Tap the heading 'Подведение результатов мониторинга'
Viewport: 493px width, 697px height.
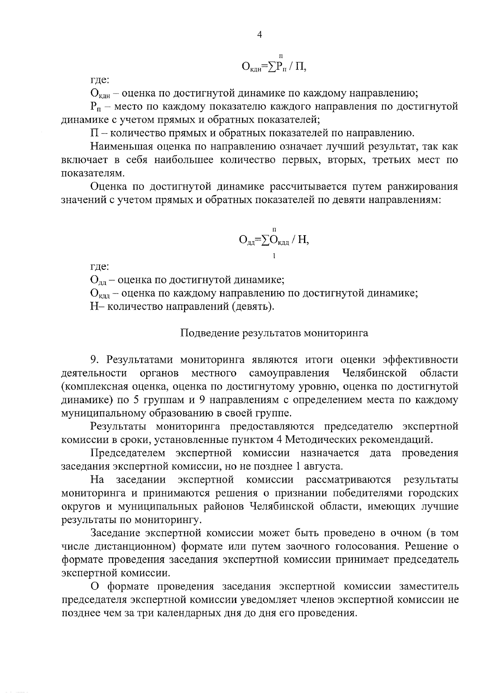click(x=274, y=333)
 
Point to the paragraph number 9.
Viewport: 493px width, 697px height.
click(x=94, y=360)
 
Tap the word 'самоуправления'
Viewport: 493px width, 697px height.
click(x=289, y=374)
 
